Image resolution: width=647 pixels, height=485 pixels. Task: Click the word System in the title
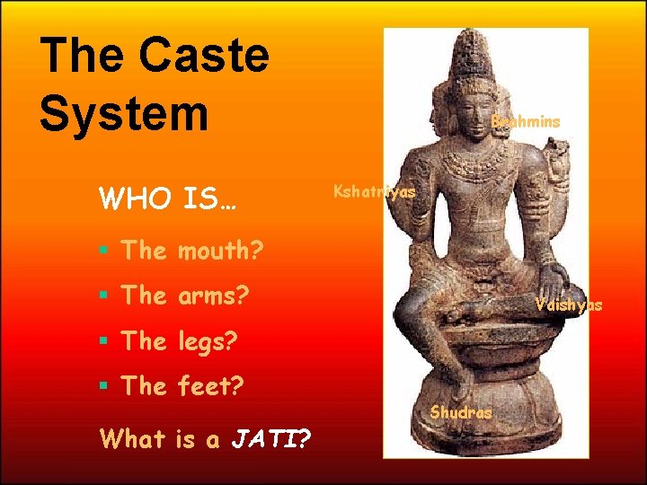pyautogui.click(x=123, y=115)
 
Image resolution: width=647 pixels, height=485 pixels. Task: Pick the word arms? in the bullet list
pyautogui.click(x=213, y=295)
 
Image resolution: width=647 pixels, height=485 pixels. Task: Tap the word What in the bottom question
pyautogui.click(x=133, y=438)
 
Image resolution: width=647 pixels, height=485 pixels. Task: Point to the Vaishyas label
pyautogui.click(x=568, y=305)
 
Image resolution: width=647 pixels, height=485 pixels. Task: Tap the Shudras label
pyautogui.click(x=461, y=413)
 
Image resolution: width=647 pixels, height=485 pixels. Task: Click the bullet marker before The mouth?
pyautogui.click(x=105, y=251)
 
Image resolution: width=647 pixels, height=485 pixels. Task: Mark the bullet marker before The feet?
pyautogui.click(x=105, y=387)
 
